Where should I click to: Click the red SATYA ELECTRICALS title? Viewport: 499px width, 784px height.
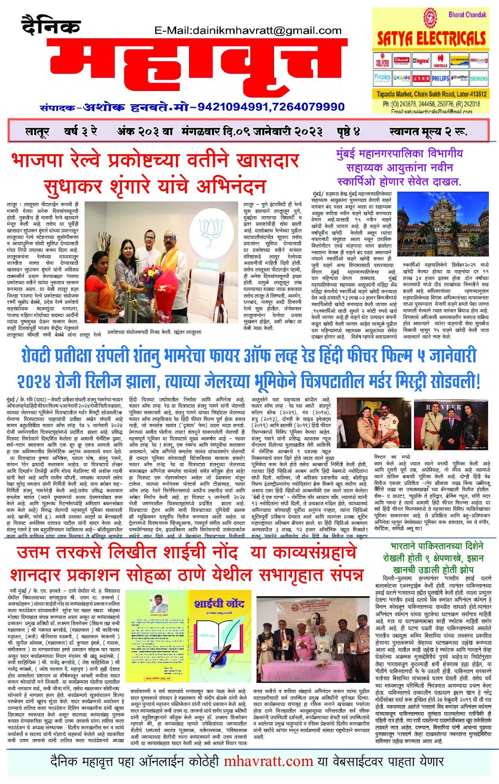(431, 38)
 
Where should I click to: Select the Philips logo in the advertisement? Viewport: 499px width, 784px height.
(440, 78)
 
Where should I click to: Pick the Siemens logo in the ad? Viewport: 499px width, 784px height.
(478, 78)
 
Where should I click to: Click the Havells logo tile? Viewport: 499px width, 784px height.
(440, 61)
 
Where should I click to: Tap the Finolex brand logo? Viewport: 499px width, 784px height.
(382, 78)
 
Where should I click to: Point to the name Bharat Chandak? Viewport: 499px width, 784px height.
(467, 14)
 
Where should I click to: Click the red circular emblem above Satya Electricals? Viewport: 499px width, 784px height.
(430, 17)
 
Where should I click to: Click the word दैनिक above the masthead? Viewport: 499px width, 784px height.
(51, 25)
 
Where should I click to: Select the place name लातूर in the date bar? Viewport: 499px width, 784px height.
(37, 131)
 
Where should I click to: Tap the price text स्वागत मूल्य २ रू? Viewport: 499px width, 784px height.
(428, 131)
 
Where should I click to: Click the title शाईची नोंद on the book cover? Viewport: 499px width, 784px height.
(219, 603)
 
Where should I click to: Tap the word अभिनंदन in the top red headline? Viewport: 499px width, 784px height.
(231, 186)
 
